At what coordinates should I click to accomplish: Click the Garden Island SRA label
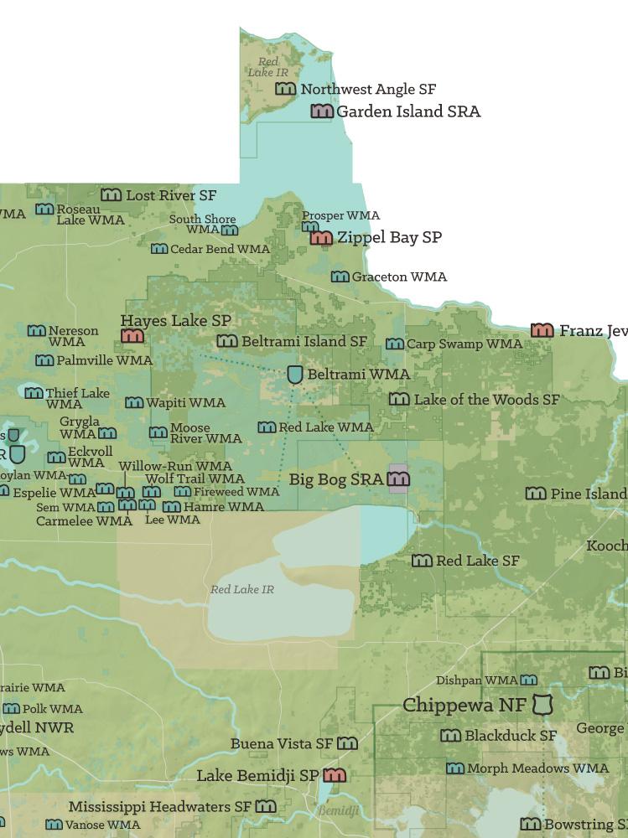coord(407,111)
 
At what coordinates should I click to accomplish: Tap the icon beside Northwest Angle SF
coord(286,89)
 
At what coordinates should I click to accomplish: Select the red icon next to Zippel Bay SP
coord(321,238)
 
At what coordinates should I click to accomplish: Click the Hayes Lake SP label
coord(175,321)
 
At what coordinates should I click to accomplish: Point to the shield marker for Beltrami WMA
coord(295,375)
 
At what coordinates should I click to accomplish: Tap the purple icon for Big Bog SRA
coord(398,479)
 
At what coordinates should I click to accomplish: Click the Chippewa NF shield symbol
coord(544,706)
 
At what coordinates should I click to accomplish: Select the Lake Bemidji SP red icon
coord(335,776)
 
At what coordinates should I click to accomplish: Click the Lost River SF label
coord(171,195)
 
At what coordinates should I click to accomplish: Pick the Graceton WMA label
coord(399,277)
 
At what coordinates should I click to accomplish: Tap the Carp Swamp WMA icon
coord(395,344)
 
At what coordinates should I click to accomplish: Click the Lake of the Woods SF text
coord(486,400)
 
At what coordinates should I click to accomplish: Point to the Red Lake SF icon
coord(422,561)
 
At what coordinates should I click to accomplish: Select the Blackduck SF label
coord(511,736)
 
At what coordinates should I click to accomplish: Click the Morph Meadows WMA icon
coord(454,768)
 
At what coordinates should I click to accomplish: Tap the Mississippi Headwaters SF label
coord(159,807)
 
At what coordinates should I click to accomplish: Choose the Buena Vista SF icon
coord(347,743)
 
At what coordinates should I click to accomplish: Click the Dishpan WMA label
coord(476,680)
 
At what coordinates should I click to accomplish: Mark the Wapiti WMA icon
coord(133,403)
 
